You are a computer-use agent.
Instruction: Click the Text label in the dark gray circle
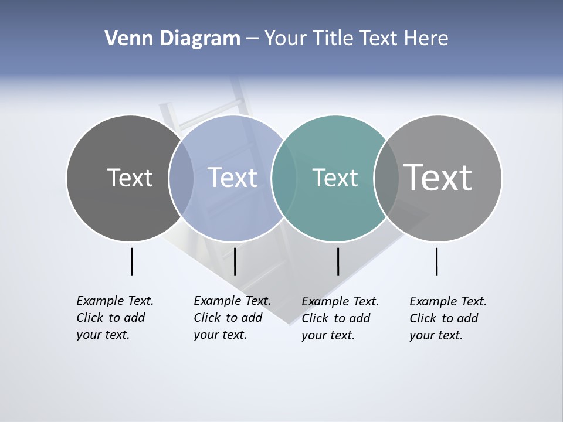click(x=130, y=178)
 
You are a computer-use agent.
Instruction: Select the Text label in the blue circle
click(x=232, y=178)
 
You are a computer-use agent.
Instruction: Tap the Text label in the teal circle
click(x=335, y=178)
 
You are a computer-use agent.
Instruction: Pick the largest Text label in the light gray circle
click(x=437, y=177)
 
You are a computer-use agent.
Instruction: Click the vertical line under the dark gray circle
click(x=131, y=261)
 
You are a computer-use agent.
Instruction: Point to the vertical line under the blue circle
click(x=235, y=261)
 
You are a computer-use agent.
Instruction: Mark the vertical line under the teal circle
click(x=338, y=261)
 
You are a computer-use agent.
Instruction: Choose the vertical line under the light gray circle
click(x=436, y=261)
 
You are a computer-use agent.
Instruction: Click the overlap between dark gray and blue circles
click(x=181, y=178)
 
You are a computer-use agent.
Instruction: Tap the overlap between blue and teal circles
click(x=284, y=178)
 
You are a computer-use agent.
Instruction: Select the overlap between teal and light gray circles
click(x=386, y=178)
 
